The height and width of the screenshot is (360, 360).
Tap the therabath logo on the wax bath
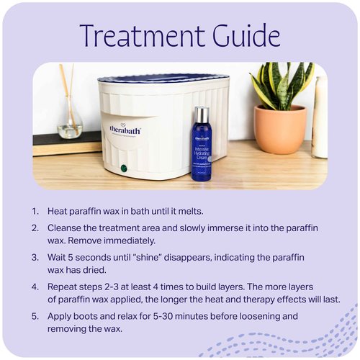tap(125, 130)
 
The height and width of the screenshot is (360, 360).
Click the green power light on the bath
tap(124, 168)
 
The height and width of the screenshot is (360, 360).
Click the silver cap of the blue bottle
tap(202, 114)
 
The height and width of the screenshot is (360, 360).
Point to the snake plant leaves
tap(282, 83)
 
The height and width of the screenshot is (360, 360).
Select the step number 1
tap(34, 212)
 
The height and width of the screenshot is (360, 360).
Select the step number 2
tap(35, 228)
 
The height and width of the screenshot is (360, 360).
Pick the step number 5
tap(35, 316)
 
